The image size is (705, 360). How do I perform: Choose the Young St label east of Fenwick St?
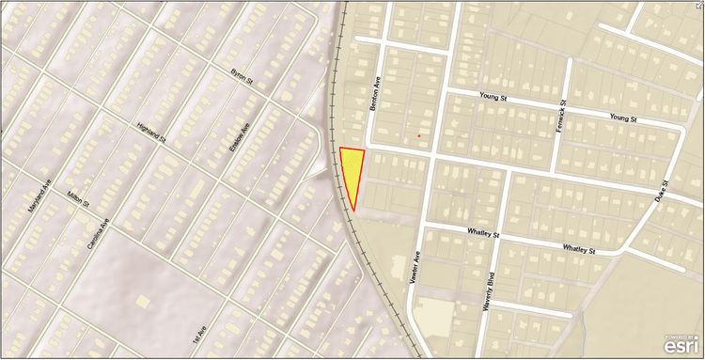coord(623,119)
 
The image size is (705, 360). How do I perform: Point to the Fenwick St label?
coord(562,117)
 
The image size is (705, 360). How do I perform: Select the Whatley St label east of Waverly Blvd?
coord(579,249)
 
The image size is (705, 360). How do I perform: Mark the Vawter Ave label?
coord(415,268)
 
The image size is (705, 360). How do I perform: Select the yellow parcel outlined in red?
coord(351,171)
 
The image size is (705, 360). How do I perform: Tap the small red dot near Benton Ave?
coord(419,136)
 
